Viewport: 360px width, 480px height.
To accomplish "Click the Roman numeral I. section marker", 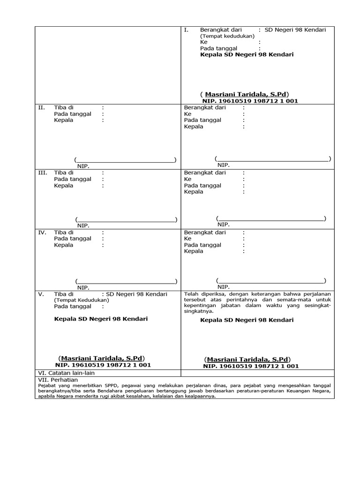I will point(186,30).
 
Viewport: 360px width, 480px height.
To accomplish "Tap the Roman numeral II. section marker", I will point(42,107).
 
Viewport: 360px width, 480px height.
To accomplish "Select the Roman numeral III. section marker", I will point(43,173).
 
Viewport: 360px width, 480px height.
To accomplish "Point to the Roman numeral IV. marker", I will point(42,232).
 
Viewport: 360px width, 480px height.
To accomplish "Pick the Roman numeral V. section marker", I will point(41,294).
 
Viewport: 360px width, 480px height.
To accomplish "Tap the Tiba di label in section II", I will point(64,107).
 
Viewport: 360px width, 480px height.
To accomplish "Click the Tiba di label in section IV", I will point(64,232).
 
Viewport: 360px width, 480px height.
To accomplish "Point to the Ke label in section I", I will point(203,42).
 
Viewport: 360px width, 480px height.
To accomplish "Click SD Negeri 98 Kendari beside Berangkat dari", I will point(295,30).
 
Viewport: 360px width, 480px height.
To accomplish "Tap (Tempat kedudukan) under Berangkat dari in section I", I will point(227,36).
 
